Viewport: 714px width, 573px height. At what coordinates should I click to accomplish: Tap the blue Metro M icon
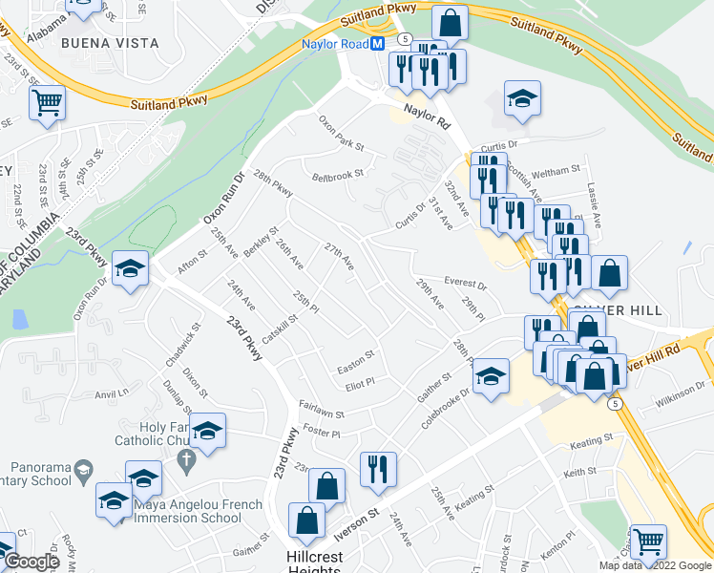point(378,44)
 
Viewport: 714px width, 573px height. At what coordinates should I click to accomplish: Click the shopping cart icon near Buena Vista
point(47,102)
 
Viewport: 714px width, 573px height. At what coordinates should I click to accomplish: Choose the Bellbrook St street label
point(337,175)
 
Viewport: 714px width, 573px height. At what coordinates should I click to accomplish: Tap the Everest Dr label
point(465,284)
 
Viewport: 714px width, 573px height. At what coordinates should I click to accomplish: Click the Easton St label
point(354,369)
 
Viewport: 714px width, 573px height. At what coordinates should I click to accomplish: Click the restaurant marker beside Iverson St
point(378,469)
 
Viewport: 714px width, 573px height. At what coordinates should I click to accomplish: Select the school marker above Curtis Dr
point(522,99)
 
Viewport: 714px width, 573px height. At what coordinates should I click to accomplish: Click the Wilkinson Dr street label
point(680,393)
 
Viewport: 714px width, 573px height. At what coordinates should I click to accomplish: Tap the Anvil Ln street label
point(111,393)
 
